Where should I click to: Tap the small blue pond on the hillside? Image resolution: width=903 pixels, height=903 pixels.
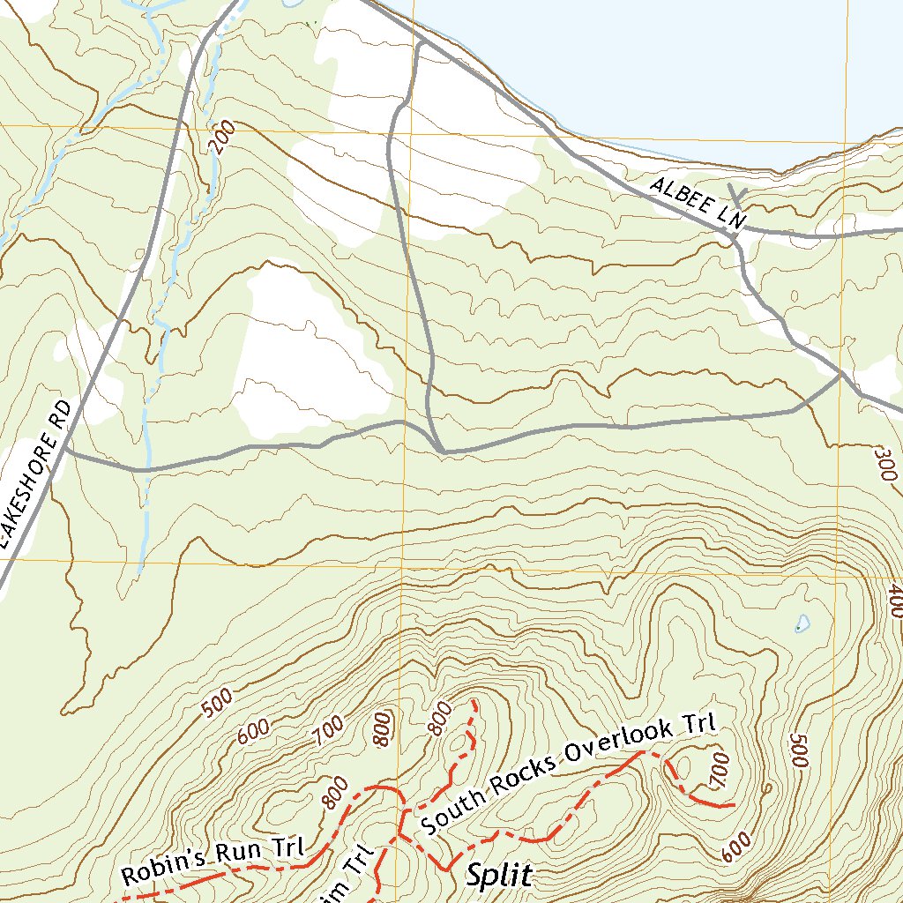tap(801, 624)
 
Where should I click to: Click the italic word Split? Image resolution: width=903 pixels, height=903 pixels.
tap(499, 876)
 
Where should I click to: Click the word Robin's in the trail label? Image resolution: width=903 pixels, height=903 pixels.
tap(161, 868)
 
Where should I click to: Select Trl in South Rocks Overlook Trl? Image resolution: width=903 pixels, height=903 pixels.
tap(700, 725)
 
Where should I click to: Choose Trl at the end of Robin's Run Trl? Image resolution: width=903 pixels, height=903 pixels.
tap(287, 847)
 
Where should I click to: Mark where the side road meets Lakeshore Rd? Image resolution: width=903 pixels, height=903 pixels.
tap(65, 451)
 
